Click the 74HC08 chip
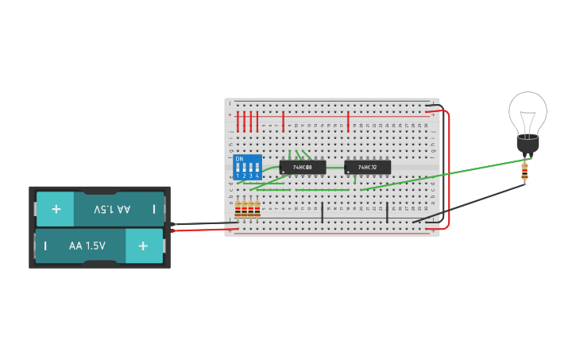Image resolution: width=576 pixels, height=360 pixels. point(303,167)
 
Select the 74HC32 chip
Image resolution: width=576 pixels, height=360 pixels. point(368,167)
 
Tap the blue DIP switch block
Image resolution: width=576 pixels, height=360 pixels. point(247,168)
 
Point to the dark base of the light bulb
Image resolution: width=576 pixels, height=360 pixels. point(528,145)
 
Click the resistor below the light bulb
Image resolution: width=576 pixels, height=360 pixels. point(524,172)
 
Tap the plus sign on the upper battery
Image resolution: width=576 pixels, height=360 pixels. point(56,210)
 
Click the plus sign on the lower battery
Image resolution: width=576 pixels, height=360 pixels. point(143,246)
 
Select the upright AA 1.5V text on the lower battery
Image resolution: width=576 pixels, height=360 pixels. point(87,246)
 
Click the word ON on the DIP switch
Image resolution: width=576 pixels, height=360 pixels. point(239,159)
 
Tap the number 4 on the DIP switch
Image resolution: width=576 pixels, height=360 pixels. point(257,176)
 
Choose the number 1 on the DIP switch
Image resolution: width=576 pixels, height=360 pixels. point(238,176)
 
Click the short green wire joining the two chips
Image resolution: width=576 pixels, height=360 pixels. point(323,189)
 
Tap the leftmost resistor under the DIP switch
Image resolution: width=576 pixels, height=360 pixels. point(238,209)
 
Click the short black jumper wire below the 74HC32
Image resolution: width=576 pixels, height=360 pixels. point(387,212)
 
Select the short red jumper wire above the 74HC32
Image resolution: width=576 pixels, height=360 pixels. point(348,121)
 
